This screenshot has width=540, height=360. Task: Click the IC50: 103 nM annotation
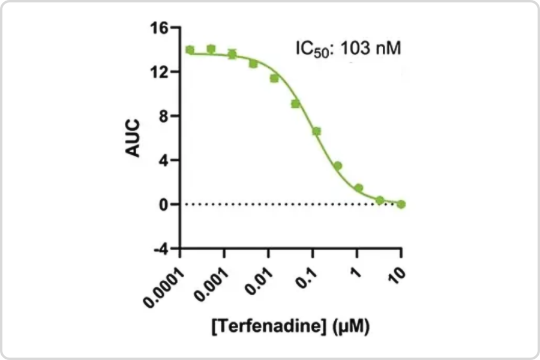pos(347,47)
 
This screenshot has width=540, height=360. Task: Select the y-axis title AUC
pos(133,137)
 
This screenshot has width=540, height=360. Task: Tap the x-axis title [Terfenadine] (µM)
pos(290,327)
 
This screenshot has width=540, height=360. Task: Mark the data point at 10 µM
pos(401,204)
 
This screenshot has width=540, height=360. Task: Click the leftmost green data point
pos(190,50)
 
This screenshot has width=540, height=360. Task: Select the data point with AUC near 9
pos(295,104)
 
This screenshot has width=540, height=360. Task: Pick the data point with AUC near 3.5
pos(338,166)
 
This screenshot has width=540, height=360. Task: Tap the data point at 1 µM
pos(359,188)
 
